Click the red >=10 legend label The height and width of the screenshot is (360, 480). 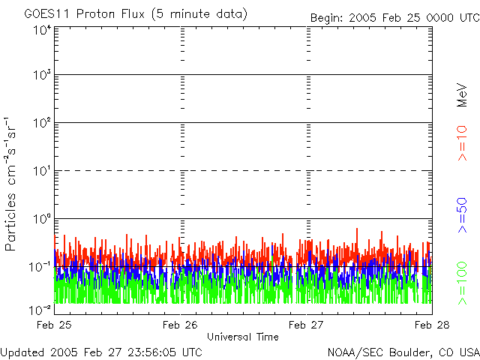[x=462, y=143]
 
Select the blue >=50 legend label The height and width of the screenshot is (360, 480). [x=462, y=215]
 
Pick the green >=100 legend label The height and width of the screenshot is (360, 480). [x=462, y=283]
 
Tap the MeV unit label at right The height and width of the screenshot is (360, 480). [x=462, y=95]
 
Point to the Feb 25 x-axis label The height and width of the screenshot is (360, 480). [x=54, y=325]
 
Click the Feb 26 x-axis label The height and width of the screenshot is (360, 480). [x=180, y=325]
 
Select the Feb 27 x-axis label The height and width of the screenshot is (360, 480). [x=306, y=325]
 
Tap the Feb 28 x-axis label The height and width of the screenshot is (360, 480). [x=432, y=325]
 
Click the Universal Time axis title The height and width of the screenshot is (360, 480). [x=243, y=337]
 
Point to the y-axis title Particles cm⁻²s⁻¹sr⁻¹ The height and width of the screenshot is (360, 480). [x=10, y=184]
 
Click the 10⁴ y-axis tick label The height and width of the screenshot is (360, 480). [x=42, y=31]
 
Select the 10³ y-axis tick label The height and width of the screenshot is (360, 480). [x=42, y=75]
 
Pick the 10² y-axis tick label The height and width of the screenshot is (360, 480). [x=42, y=123]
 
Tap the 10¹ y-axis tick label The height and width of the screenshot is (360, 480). [x=42, y=171]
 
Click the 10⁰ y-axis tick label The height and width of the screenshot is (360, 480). [x=42, y=219]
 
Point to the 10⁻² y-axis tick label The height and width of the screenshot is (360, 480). [x=40, y=310]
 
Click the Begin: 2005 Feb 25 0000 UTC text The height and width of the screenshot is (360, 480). [x=395, y=18]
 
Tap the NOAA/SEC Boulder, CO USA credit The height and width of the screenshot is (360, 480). [x=403, y=352]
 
